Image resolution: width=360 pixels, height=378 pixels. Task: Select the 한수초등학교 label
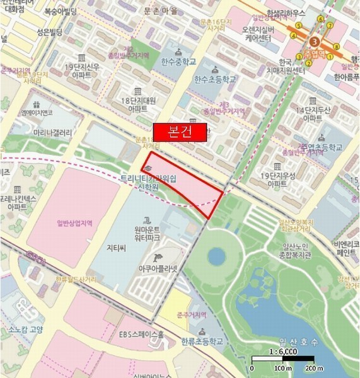tap(215, 79)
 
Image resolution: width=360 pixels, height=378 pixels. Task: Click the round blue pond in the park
tap(216, 256)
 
